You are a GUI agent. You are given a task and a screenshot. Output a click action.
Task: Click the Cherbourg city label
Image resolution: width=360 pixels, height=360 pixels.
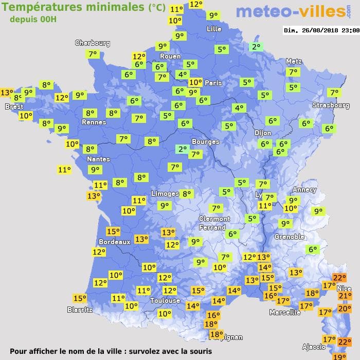[x=93, y=43]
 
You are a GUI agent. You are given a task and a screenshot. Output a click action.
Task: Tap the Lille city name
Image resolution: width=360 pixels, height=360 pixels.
[x=214, y=29]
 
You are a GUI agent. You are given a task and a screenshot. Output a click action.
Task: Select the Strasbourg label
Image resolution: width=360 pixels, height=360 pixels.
[x=331, y=105]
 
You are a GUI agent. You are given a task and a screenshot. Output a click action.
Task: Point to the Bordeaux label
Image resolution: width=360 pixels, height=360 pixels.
[x=114, y=242]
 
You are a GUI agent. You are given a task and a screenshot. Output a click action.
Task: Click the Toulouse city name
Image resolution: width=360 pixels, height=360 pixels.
[x=165, y=300]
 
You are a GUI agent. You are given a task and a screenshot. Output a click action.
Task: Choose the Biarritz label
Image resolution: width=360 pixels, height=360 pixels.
[x=80, y=310]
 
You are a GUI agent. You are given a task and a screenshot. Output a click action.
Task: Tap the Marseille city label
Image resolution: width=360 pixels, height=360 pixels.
[x=285, y=312]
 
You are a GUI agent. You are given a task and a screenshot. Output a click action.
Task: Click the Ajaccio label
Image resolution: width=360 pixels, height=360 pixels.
[x=313, y=347]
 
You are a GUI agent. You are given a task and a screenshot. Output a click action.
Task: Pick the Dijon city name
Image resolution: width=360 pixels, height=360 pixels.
[x=262, y=132]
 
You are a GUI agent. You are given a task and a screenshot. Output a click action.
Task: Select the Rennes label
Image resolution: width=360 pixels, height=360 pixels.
[x=94, y=122]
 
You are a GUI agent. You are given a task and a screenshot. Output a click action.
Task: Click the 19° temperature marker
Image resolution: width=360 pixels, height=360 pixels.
[x=339, y=356]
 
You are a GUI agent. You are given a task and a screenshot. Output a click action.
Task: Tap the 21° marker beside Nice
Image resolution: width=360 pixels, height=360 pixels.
[x=345, y=295]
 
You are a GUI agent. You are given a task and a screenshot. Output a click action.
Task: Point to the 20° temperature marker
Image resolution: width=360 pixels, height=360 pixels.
[x=345, y=309]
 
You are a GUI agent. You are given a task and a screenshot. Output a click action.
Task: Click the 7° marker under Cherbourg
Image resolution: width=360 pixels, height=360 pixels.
[x=93, y=53]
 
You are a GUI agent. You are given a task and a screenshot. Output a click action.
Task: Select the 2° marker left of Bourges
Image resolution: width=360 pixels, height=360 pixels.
[x=182, y=149]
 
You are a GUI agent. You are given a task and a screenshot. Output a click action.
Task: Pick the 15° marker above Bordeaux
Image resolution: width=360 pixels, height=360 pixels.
[x=113, y=231]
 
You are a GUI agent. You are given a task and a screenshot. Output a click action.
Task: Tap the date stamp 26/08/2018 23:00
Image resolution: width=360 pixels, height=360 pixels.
[x=321, y=30]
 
